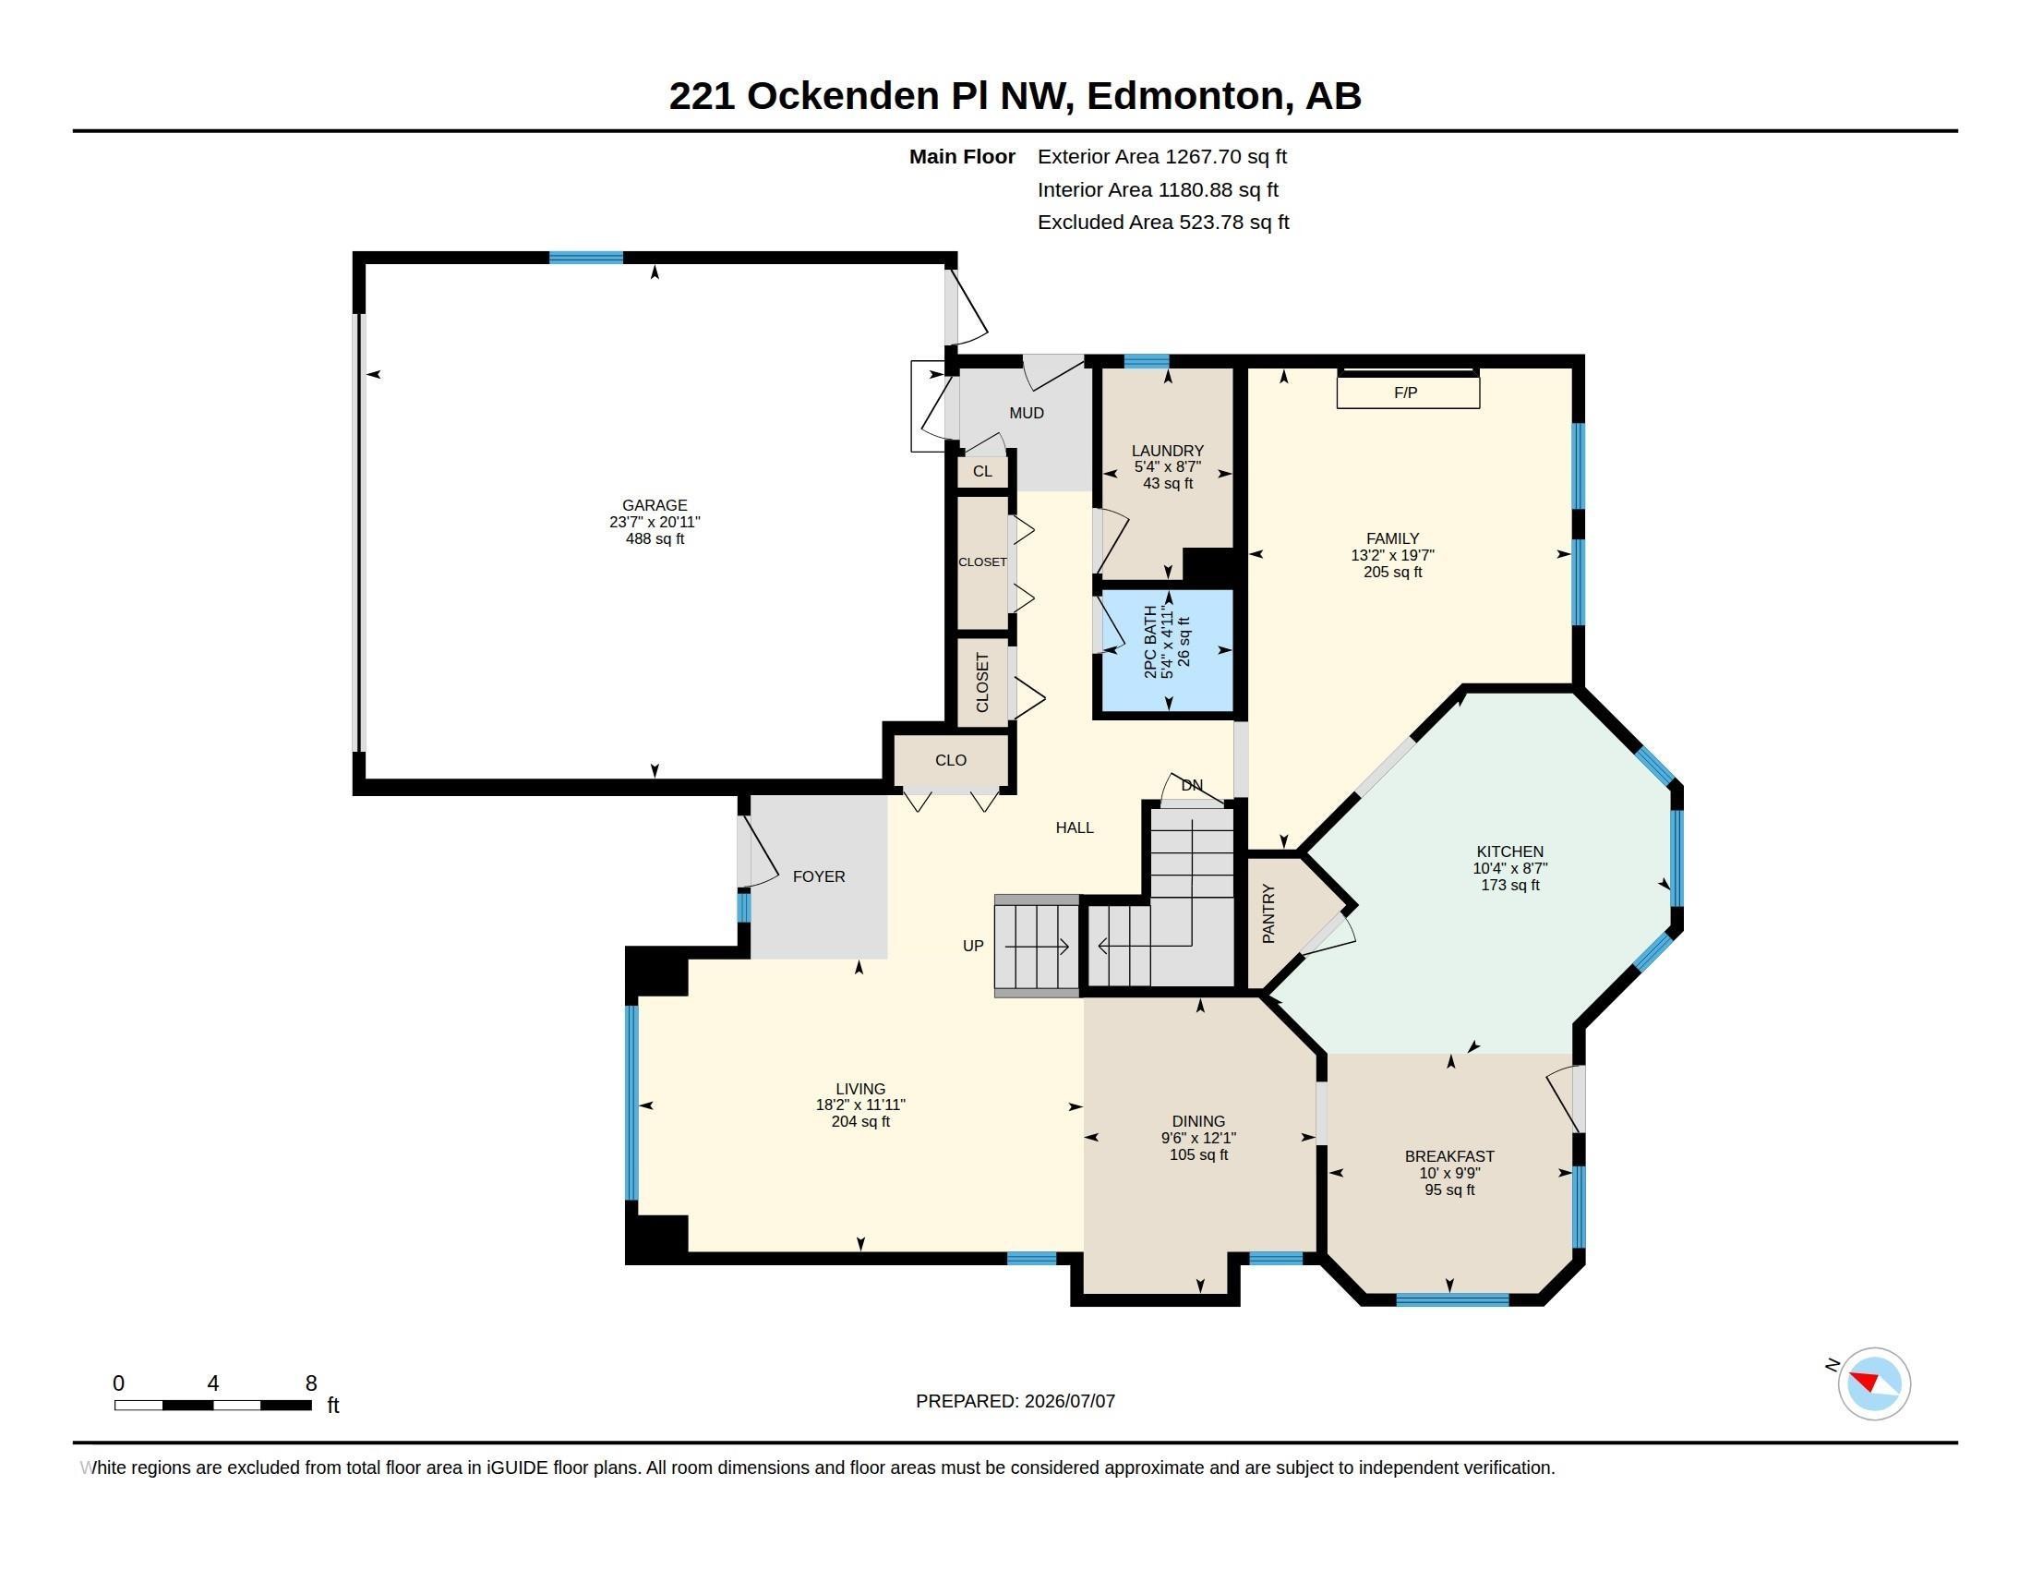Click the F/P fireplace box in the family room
(x=1408, y=392)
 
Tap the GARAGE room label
(x=655, y=505)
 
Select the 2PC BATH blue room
(x=1167, y=650)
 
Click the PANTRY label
(x=1268, y=913)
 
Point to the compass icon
(x=1874, y=1383)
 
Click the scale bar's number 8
(x=310, y=1383)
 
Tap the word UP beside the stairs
(x=973, y=946)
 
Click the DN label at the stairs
(x=1192, y=785)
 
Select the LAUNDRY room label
(x=1167, y=450)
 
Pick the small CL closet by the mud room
(x=983, y=472)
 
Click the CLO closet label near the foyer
(x=950, y=760)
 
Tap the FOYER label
(x=818, y=876)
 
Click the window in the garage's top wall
(x=586, y=258)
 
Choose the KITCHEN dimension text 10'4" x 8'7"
(x=1510, y=868)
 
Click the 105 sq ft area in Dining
(x=1198, y=1154)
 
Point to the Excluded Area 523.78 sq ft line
(x=1163, y=223)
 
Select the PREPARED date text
(x=1015, y=1401)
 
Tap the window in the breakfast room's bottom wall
(x=1452, y=1299)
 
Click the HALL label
(x=1074, y=827)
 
